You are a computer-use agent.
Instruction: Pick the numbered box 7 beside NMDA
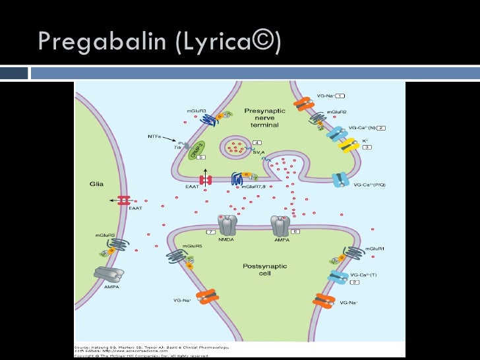coord(210,233)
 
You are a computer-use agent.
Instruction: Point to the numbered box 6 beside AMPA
coord(296,232)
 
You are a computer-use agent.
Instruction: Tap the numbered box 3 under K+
coord(369,148)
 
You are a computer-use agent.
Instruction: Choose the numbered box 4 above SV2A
coord(256,142)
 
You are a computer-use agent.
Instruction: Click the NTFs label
coord(151,137)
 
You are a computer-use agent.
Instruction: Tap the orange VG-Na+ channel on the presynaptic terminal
coord(305,104)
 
